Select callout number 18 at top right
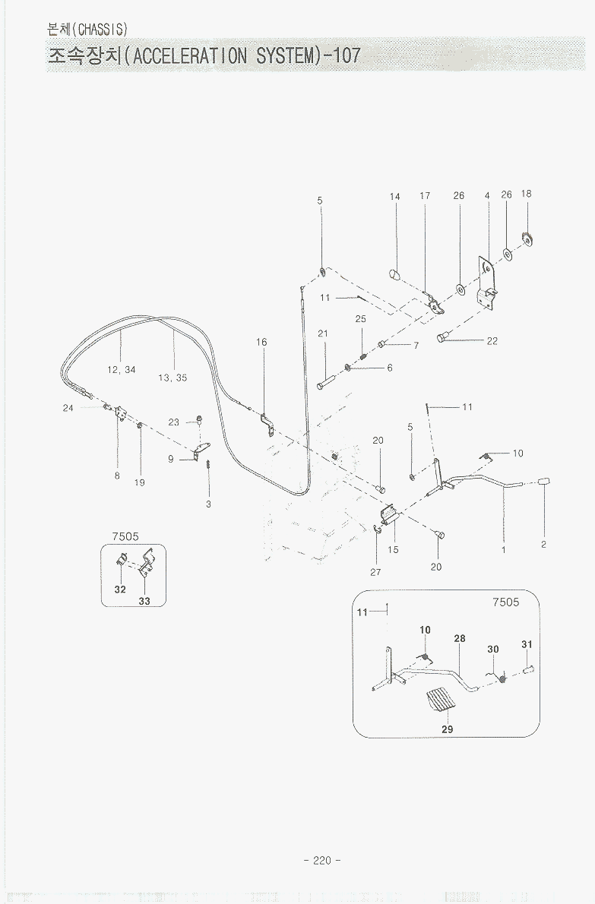tap(527, 194)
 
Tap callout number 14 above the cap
tap(395, 197)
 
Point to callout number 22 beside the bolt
tap(492, 341)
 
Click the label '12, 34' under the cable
tap(122, 370)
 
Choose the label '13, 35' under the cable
tap(173, 378)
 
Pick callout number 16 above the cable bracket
tap(261, 343)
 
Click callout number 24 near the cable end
tap(68, 408)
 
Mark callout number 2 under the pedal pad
tap(544, 544)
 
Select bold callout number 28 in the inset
tap(460, 639)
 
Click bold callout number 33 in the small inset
tap(144, 601)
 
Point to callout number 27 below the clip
tap(375, 572)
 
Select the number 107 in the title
tap(346, 55)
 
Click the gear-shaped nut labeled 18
tap(526, 240)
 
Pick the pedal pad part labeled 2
tap(544, 482)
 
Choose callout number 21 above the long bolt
tap(323, 334)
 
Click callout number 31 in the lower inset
tap(527, 645)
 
